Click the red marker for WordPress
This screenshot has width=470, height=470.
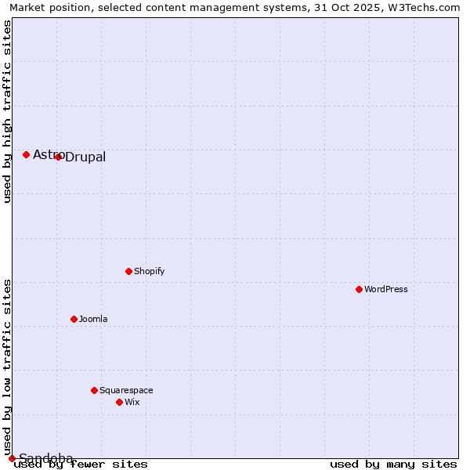(359, 289)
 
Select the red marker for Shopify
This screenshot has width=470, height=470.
(128, 271)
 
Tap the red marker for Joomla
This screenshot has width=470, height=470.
(74, 319)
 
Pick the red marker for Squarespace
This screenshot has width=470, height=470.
(94, 390)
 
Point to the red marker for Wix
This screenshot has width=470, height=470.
(119, 402)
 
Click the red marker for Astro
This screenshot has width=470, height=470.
(26, 154)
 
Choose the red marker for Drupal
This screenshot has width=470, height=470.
(58, 157)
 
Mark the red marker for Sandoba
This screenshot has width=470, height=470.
(12, 458)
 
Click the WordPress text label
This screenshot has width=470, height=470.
(386, 289)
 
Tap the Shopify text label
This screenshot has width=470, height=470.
(150, 271)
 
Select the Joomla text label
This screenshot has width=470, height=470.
(93, 319)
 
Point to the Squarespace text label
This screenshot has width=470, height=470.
(126, 390)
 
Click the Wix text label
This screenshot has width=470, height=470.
(132, 402)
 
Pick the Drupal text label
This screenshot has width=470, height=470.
(85, 157)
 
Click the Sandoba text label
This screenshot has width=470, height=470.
(46, 458)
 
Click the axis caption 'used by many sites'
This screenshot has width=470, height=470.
(393, 464)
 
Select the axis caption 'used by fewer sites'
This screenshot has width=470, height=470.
(81, 464)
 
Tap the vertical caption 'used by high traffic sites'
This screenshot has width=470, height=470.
(7, 111)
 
